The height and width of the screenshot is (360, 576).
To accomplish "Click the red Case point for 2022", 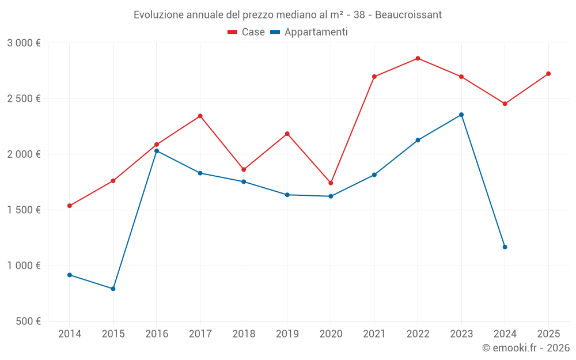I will (418, 58).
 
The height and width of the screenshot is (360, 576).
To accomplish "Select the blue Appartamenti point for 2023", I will (461, 115).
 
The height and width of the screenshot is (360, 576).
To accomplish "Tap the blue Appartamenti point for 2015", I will (113, 289).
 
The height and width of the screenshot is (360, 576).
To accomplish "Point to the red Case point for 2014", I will (70, 206).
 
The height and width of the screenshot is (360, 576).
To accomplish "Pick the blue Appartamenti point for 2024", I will (505, 247).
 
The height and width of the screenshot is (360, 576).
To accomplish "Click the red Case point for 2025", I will (548, 74).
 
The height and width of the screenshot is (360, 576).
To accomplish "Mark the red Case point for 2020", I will (331, 183).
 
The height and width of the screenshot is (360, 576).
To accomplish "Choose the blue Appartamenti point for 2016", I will (157, 151).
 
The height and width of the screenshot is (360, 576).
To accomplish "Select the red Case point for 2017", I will (200, 116).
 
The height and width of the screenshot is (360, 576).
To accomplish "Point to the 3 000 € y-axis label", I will (24, 43).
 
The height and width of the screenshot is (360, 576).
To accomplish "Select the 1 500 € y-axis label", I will (24, 210).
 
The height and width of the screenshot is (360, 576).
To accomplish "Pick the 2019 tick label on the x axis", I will (287, 334).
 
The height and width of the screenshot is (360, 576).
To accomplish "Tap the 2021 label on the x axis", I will (374, 334).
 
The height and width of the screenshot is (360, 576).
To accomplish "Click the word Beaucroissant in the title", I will (408, 15).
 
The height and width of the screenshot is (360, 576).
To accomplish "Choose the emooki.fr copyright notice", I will (525, 348).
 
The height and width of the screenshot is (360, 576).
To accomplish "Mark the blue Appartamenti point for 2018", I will (244, 181).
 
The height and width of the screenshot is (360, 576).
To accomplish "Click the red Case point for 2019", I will (287, 134).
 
